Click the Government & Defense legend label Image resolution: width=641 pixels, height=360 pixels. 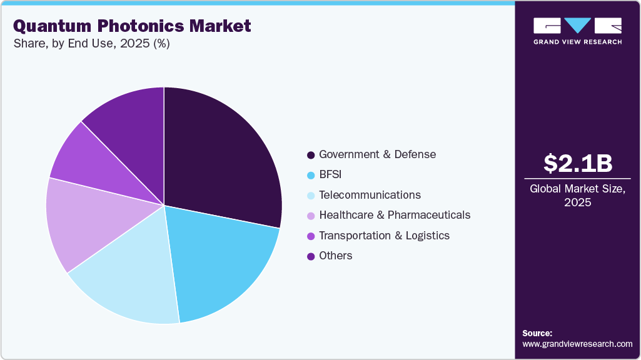tap(377, 154)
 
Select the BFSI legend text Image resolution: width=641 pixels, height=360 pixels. tap(330, 174)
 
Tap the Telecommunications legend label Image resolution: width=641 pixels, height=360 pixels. tap(370, 195)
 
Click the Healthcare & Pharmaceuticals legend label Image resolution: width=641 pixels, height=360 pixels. tap(395, 215)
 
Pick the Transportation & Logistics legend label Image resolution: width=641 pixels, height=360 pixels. tap(384, 236)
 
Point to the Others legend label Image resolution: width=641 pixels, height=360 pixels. tap(335, 256)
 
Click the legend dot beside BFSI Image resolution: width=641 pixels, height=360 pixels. tap(311, 175)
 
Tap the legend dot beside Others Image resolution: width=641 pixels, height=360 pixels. tap(311, 256)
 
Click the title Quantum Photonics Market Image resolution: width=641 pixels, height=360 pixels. tap(131, 26)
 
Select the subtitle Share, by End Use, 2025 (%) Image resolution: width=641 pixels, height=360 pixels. tap(91, 44)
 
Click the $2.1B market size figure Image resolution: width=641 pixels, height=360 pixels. tap(577, 163)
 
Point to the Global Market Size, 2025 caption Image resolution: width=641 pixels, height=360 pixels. tap(577, 195)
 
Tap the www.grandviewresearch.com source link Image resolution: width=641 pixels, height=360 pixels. tap(577, 344)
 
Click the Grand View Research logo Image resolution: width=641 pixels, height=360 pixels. tap(577, 31)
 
